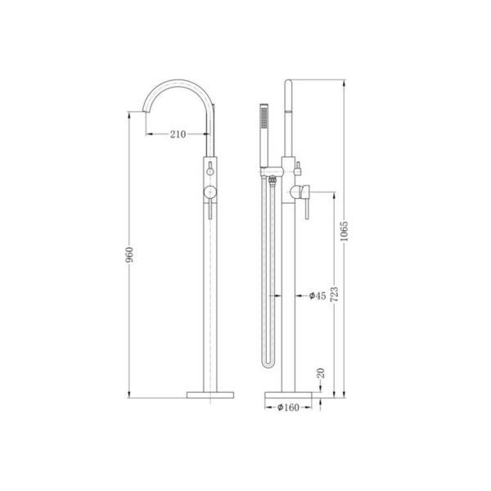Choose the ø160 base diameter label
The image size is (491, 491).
tap(289, 407)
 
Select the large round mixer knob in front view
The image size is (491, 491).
tap(210, 191)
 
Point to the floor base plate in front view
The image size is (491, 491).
tap(209, 394)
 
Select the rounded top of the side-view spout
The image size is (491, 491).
tap(288, 85)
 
